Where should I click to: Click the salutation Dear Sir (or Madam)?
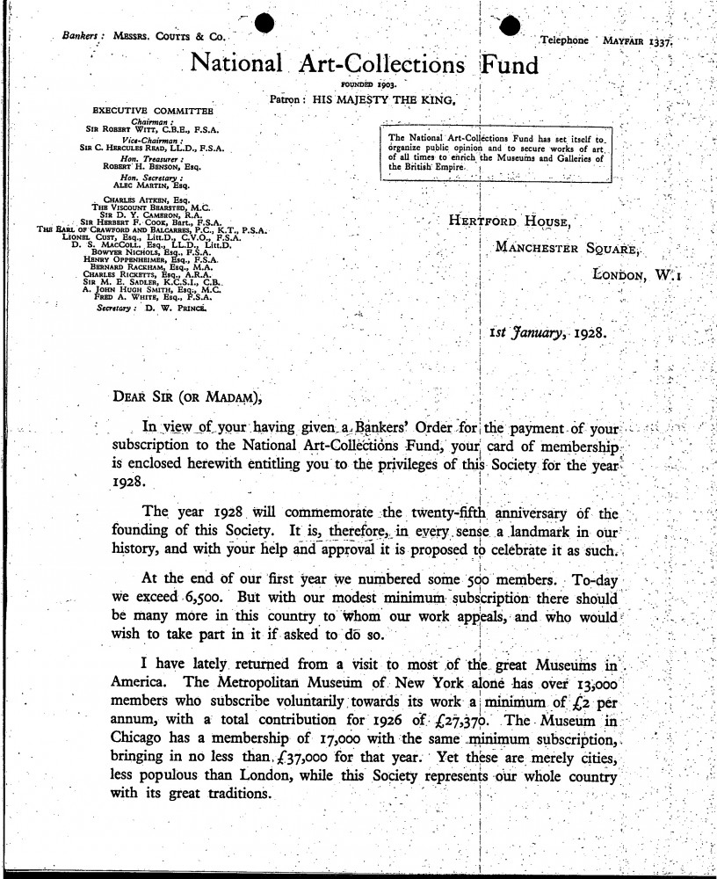188,396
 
